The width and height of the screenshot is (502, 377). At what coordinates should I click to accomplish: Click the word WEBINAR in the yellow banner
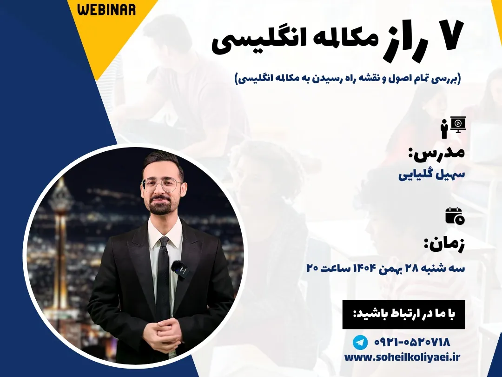(106, 9)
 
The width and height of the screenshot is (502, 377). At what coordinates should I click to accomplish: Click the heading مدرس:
(436, 154)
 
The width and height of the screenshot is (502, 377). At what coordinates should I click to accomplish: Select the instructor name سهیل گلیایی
(431, 175)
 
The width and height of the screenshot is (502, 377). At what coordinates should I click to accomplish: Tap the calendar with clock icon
(455, 215)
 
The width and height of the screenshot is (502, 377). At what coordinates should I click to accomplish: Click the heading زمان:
(444, 246)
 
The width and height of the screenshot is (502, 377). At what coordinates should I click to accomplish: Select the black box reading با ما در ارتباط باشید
(403, 314)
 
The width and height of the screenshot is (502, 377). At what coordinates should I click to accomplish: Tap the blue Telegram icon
(360, 343)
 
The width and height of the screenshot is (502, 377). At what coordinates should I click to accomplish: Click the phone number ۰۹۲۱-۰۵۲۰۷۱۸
(412, 343)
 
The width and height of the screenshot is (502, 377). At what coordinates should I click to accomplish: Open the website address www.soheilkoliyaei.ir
(402, 357)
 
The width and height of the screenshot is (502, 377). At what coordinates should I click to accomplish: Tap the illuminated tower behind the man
(60, 221)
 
